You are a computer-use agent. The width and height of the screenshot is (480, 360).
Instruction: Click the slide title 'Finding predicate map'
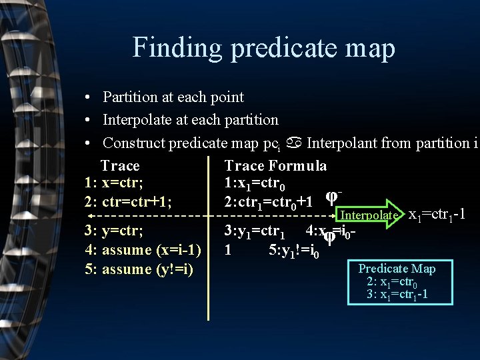(263, 48)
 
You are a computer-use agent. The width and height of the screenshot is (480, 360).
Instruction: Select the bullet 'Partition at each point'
(173, 97)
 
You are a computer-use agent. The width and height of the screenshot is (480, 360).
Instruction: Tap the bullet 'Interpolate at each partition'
(190, 120)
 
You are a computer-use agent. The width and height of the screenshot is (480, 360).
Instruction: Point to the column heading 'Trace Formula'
(275, 165)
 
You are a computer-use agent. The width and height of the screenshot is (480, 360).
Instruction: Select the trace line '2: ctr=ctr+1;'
(128, 201)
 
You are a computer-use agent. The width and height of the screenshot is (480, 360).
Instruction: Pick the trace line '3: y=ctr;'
(114, 231)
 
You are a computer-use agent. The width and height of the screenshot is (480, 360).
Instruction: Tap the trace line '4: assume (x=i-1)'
(143, 250)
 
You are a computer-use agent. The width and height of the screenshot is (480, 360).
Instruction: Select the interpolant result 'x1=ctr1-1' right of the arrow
(436, 215)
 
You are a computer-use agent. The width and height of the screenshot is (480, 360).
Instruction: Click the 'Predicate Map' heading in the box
(397, 269)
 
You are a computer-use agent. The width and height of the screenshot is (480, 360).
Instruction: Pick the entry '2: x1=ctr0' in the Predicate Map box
(394, 281)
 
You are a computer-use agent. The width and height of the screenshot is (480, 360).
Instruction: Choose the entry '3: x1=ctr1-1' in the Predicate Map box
(397, 294)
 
